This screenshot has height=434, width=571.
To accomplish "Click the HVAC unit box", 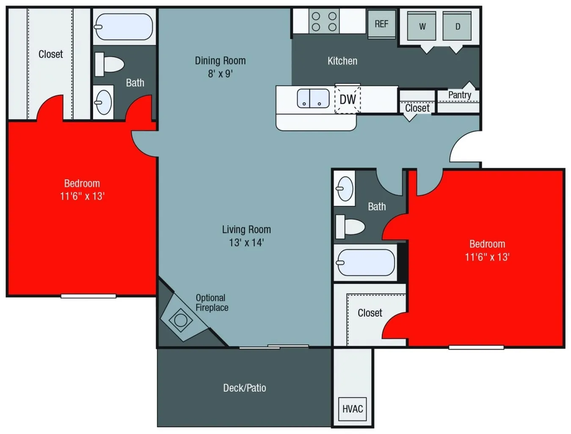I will (353, 409).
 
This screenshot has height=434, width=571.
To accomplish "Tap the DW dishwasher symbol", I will (348, 99).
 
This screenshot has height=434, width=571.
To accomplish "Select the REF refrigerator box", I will (381, 24).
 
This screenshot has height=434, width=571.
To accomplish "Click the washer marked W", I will (422, 26).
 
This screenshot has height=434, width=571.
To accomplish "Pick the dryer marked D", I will (457, 26).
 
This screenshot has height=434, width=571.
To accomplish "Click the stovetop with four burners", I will (324, 22).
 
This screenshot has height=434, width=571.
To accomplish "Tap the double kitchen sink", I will (313, 98).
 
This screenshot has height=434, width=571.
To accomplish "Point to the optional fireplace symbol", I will (181, 320).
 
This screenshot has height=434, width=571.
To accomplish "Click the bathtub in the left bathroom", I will (124, 27).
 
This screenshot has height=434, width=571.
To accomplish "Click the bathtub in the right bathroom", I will (365, 262).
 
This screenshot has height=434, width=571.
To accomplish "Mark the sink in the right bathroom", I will (345, 188).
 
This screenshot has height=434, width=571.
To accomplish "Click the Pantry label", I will (459, 95).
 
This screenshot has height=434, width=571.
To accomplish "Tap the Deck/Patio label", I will (245, 388).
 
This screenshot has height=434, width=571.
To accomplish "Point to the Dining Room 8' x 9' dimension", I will (220, 74).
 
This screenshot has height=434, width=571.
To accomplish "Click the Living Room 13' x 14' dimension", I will (246, 242).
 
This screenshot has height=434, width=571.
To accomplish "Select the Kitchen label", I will (342, 61).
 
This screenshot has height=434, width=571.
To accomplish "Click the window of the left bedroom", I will (88, 296).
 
